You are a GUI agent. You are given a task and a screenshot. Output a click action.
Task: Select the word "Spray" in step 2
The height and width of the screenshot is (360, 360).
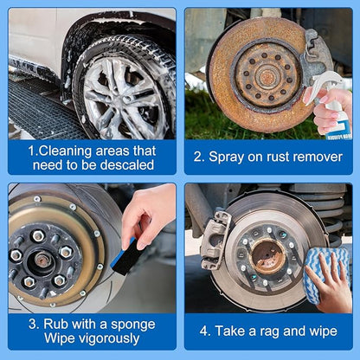point(226,157)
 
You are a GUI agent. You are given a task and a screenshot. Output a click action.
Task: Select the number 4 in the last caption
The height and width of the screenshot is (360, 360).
point(204,331)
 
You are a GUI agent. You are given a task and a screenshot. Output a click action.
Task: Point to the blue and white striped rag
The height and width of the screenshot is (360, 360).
point(326,274)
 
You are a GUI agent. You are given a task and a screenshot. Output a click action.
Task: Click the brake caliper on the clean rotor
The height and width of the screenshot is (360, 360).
point(216,240)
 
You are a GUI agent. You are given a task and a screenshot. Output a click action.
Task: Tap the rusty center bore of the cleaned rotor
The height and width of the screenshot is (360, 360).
point(268,256)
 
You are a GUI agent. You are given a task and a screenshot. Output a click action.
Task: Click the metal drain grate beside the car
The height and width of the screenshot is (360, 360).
point(41,111)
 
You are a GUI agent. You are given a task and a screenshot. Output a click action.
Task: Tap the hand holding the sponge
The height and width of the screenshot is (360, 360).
point(148,215)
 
